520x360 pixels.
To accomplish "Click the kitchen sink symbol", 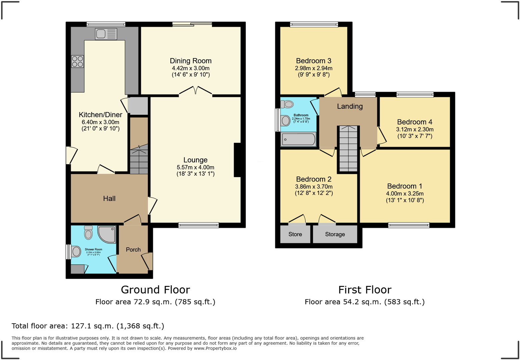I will coord(106,34).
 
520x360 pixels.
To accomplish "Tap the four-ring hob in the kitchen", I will coord(77,61).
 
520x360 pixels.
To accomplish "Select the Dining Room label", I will coord(191,61).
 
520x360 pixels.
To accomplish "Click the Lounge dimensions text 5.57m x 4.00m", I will coord(195,167).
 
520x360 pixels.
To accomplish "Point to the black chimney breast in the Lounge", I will coord(237,160).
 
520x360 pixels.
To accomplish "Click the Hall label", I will coord(109,199).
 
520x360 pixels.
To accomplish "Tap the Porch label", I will coord(133,250).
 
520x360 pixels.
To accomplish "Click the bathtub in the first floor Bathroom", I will coord(298,139).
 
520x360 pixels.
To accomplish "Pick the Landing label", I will coord(350,106).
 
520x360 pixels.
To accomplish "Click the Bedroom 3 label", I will coord(314,61).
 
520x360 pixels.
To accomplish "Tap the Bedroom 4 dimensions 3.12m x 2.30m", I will coord(415,129).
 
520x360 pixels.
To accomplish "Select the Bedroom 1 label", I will coord(405,186).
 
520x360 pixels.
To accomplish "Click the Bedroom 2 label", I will coord(314,179).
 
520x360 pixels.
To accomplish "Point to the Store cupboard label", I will coord(295,234).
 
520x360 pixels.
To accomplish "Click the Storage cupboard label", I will coord(335,234).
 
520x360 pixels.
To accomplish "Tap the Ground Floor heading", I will coord(155,290).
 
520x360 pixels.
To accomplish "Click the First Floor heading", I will coord(365,290).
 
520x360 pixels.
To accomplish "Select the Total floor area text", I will coord(88,326).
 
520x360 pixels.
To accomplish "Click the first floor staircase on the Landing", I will coord(348,149).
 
